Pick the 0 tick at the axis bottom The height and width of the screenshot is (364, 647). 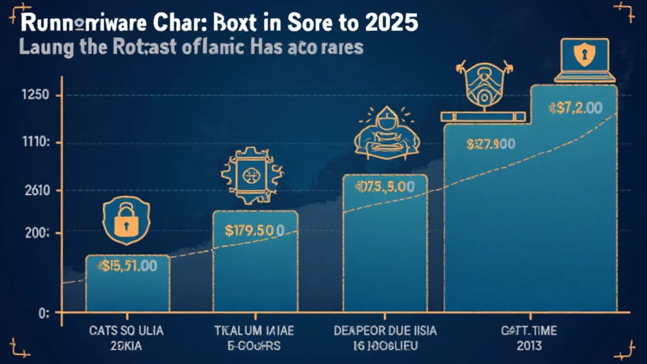[26, 313]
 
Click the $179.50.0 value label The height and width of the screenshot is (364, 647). [255, 229]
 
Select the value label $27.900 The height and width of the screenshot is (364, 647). [490, 144]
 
